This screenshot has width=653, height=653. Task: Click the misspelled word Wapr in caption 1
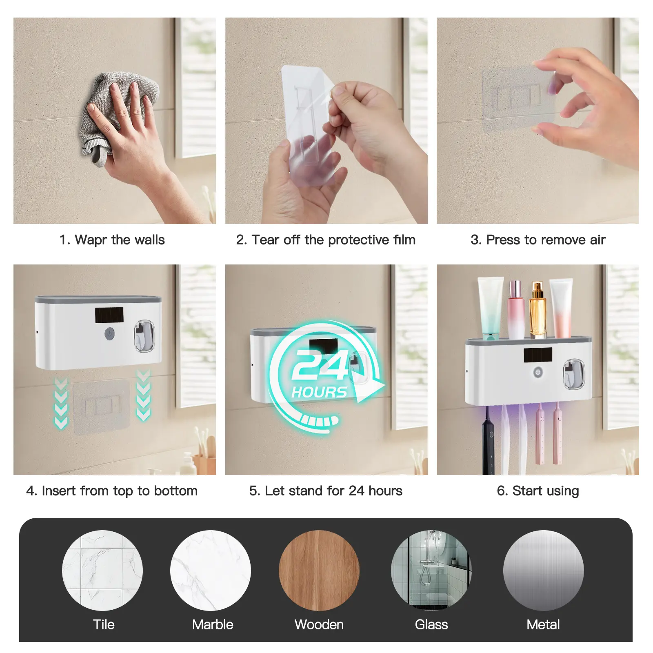point(91,240)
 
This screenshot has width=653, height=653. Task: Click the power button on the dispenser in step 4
point(109,334)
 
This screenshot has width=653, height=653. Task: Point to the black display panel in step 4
point(109,315)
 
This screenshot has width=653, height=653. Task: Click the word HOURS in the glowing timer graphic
point(319,392)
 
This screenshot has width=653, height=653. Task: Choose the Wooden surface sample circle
point(319,570)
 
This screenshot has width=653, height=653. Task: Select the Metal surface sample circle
point(543,570)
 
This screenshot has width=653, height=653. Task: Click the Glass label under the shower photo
point(431,624)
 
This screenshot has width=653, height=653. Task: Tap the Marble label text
point(213,624)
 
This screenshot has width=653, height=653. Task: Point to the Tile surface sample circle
point(102,570)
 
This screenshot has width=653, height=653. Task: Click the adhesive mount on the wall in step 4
point(102,407)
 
